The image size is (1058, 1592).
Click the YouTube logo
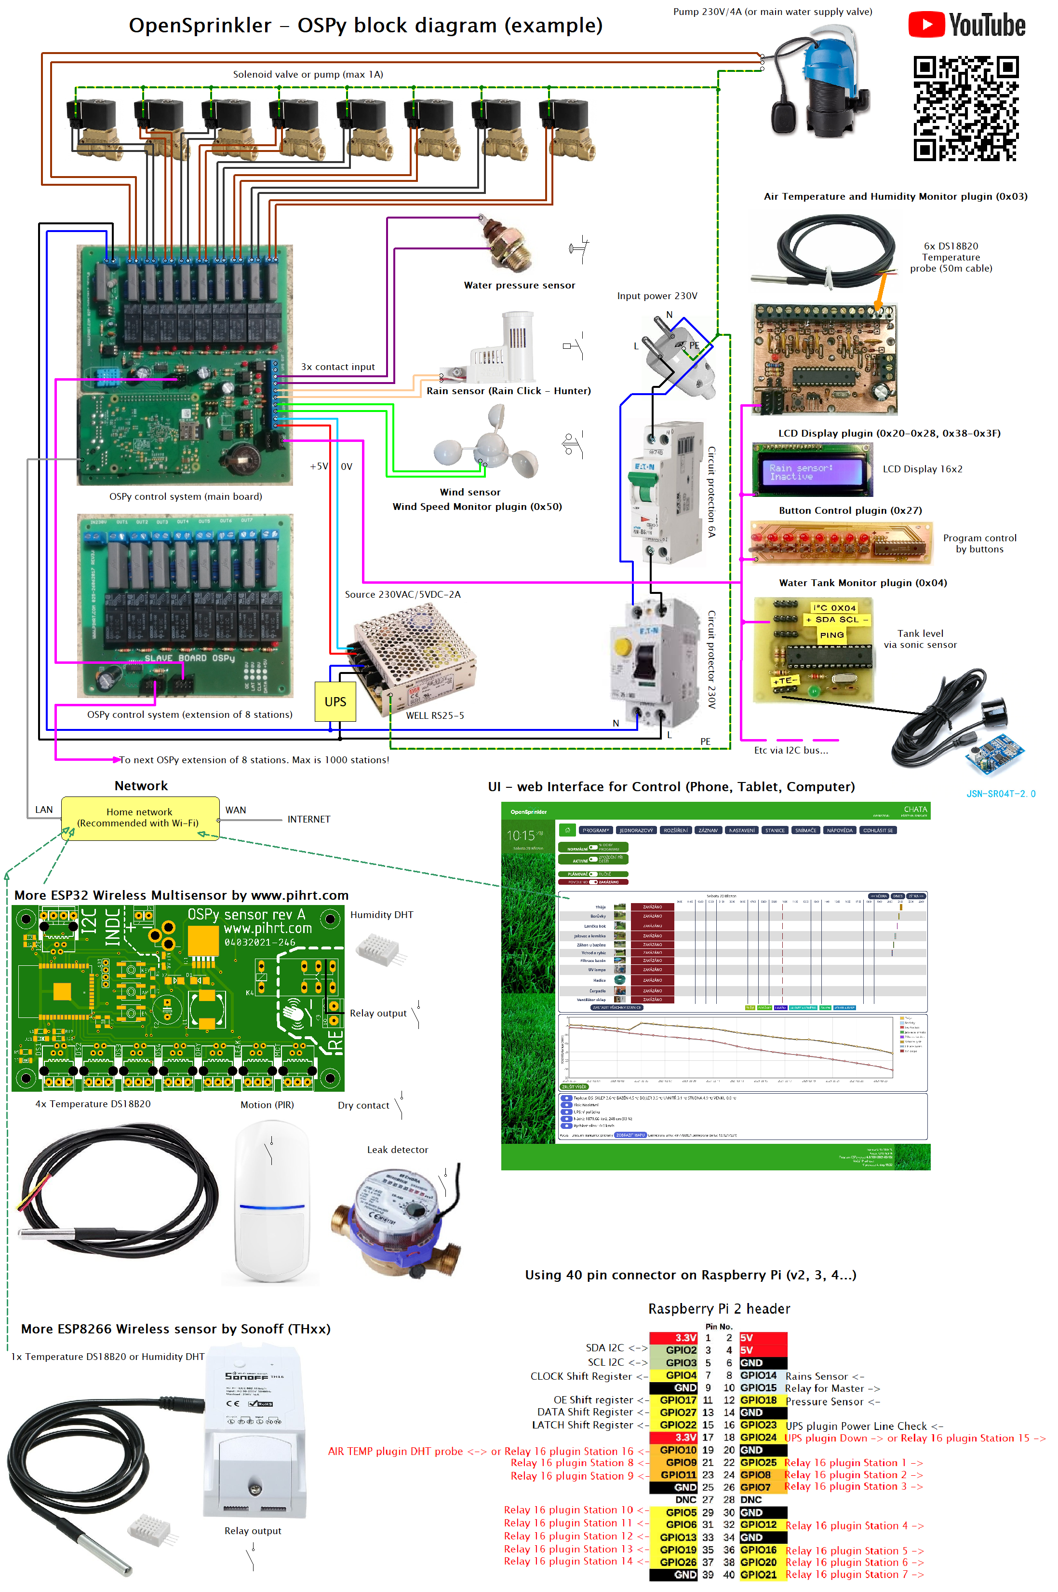pos(966,25)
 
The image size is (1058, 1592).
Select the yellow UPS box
pos(335,701)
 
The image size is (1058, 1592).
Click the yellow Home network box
pos(140,818)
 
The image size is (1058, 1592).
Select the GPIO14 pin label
pos(758,1375)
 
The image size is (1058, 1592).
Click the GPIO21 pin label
pos(758,1575)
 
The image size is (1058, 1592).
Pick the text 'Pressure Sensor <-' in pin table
pos(832,1401)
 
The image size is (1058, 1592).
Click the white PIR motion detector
pos(271,1202)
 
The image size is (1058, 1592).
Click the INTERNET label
pos(308,819)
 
